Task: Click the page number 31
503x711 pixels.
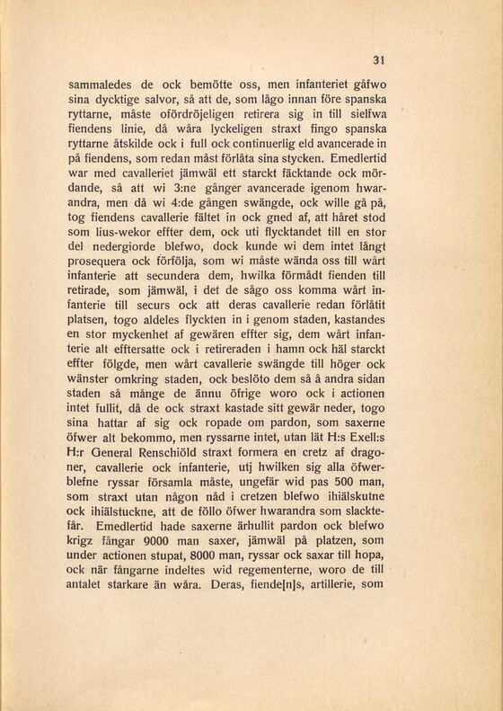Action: pyautogui.click(x=378, y=60)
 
